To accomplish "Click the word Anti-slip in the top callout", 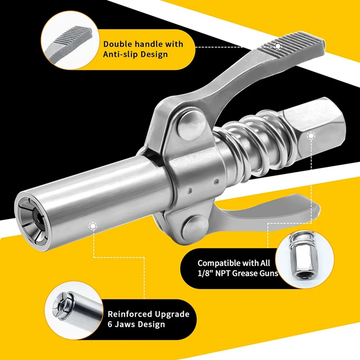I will (124, 54).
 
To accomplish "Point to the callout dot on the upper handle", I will (278, 45).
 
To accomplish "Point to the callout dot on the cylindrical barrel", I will (93, 226).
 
